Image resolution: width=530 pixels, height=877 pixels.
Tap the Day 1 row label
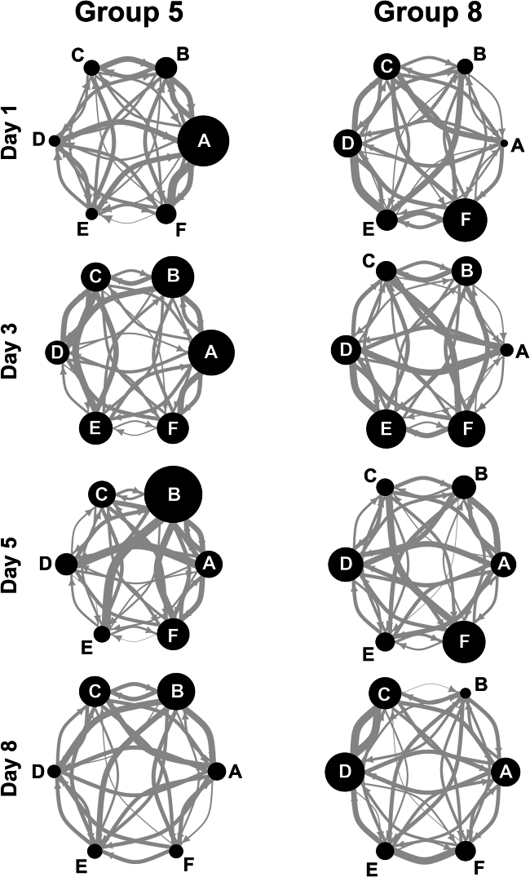tap(13, 140)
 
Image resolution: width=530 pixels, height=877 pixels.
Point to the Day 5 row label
tap(13, 564)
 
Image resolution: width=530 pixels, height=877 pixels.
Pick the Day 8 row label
tap(13, 772)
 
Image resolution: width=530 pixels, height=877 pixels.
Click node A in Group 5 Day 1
tap(203, 141)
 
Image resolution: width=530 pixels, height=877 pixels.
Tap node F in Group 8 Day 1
tap(466, 219)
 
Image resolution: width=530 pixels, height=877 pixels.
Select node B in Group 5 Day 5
tap(173, 494)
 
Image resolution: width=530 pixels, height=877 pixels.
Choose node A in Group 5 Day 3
tap(211, 353)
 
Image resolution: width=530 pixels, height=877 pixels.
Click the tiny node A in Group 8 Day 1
tap(504, 144)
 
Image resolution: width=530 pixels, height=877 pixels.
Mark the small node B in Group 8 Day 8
tap(465, 693)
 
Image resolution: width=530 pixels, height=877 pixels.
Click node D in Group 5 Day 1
tap(55, 140)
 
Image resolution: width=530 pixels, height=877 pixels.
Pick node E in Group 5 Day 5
tap(102, 634)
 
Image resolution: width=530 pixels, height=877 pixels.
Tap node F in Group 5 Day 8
tap(175, 851)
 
